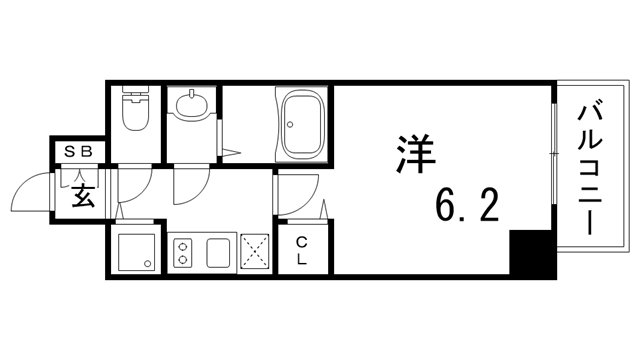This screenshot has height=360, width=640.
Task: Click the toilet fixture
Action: tap(133, 113)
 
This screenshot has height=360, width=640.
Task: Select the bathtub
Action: tap(303, 124)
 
